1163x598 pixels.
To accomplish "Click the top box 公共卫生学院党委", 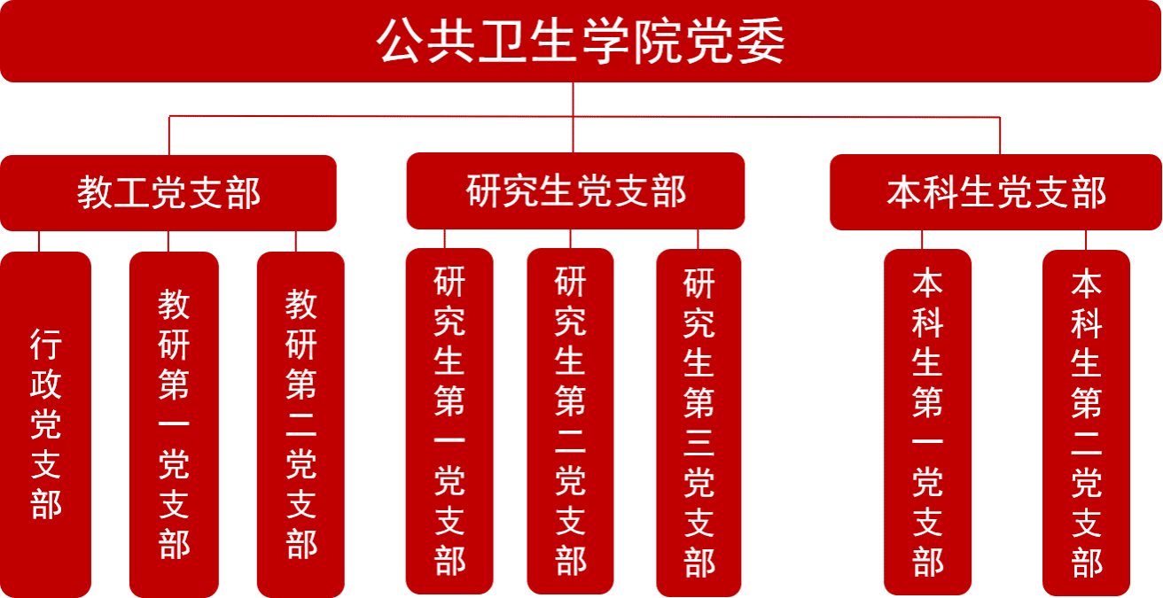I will point(581,42).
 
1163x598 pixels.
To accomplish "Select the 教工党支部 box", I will point(168,193).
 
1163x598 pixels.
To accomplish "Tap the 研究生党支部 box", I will point(575,191).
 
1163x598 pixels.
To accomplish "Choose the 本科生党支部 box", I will point(996,192).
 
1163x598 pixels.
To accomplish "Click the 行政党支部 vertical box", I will point(46,423).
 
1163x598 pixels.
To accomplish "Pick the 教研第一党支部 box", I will point(174,423).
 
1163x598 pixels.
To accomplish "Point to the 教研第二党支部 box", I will point(301,423).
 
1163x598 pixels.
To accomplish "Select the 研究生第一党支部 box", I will point(449,421).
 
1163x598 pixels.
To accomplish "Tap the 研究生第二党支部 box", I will point(570,421).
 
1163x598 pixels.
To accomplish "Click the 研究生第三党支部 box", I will point(699,422).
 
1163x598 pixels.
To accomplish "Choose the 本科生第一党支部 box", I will point(927,422).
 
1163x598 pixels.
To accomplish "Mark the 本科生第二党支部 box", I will point(1086,423).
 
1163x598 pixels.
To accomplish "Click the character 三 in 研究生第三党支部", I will point(699,444).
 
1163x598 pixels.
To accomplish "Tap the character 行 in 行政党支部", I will point(46,344).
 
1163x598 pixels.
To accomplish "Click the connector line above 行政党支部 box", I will point(39,241).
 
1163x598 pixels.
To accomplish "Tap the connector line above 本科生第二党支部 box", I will point(1086,239).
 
